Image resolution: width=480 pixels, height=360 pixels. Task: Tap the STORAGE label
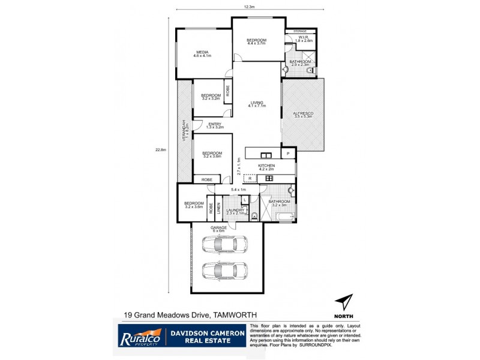(300, 31)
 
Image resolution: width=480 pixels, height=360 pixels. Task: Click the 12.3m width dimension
(250, 7)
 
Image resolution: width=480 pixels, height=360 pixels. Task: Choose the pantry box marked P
(289, 154)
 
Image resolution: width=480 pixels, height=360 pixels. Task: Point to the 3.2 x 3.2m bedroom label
(211, 97)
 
